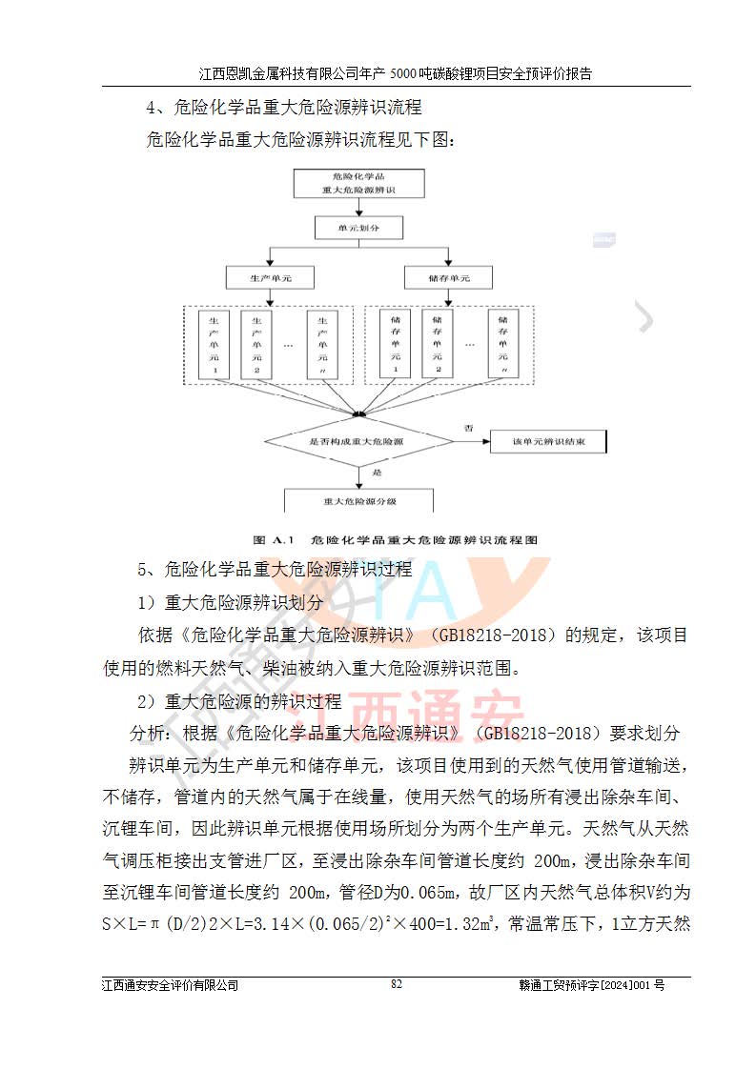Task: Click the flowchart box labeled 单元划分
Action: [x=358, y=229]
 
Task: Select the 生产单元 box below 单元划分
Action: [x=269, y=278]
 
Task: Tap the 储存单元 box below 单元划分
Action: [x=449, y=278]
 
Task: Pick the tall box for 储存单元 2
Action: [x=438, y=344]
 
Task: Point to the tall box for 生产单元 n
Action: [x=323, y=344]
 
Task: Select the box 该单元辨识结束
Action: [x=548, y=442]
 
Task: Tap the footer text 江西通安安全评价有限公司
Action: [x=171, y=985]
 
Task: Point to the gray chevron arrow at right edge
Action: [x=645, y=317]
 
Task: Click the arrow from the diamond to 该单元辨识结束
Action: [x=466, y=442]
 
